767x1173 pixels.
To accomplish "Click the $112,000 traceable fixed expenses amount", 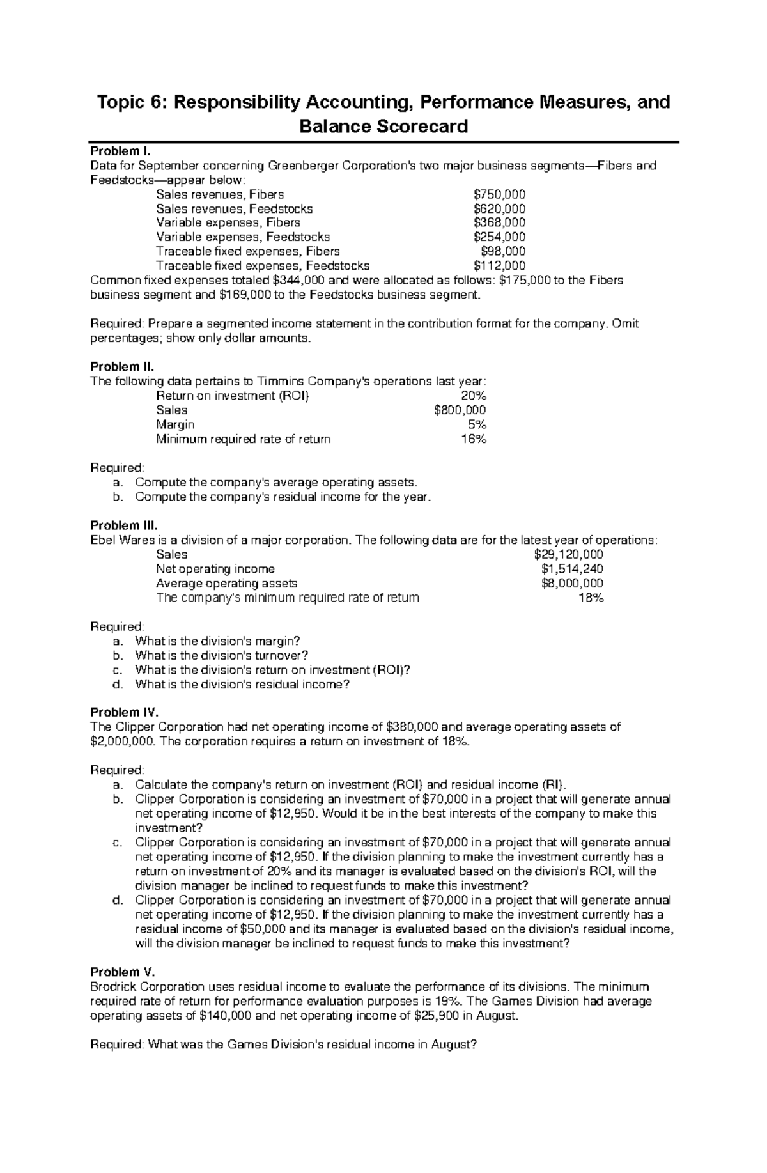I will pyautogui.click(x=499, y=266).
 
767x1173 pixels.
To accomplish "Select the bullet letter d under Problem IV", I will pyautogui.click(x=116, y=900).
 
